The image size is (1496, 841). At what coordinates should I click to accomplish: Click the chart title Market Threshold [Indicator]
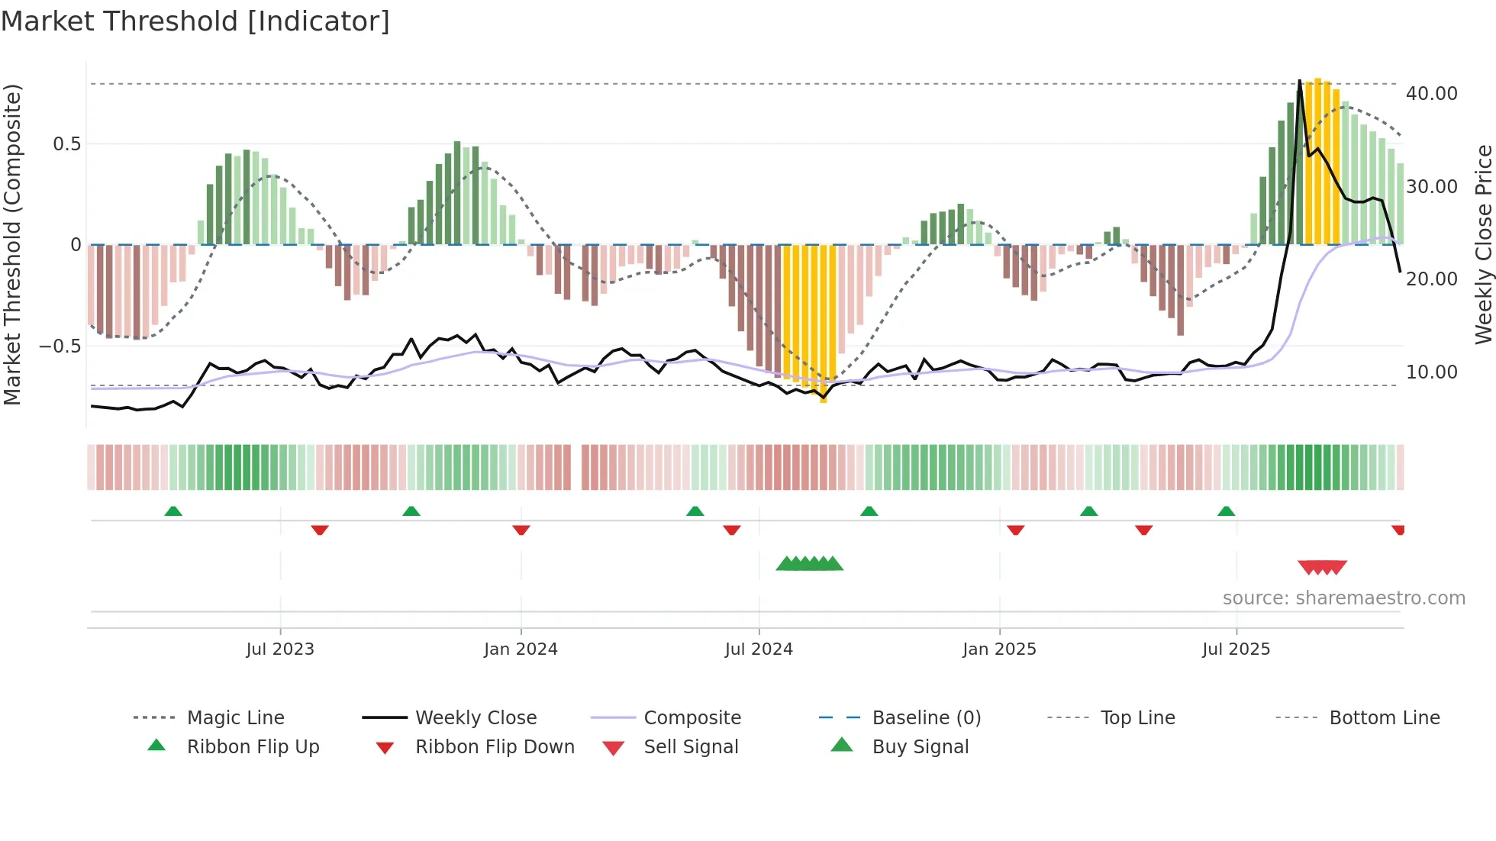coord(195,21)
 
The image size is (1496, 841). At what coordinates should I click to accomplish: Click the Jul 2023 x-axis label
coord(280,649)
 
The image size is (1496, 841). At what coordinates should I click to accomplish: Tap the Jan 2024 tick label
coord(521,649)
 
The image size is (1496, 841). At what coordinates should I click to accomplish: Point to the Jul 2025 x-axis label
coord(1236,649)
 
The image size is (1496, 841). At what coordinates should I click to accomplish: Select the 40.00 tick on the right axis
coord(1431,94)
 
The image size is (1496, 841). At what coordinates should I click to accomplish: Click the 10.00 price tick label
coord(1431,372)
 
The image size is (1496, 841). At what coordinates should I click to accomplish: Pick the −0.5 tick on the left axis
coord(60,346)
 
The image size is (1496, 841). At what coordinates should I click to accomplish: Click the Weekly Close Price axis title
coord(1483,244)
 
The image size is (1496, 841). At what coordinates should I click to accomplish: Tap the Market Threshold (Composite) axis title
coord(12,244)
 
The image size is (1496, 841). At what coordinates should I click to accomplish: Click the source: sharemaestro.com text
coord(1343,598)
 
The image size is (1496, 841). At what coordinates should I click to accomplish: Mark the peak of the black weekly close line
coord(1300,81)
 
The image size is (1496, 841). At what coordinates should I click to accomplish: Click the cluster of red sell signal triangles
coord(1322,567)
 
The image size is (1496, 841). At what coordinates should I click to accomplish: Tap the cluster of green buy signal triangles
coord(809,564)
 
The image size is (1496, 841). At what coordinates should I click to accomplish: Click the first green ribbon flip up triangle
coord(173,511)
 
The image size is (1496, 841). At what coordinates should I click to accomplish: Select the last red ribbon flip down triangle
coord(1398,530)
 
